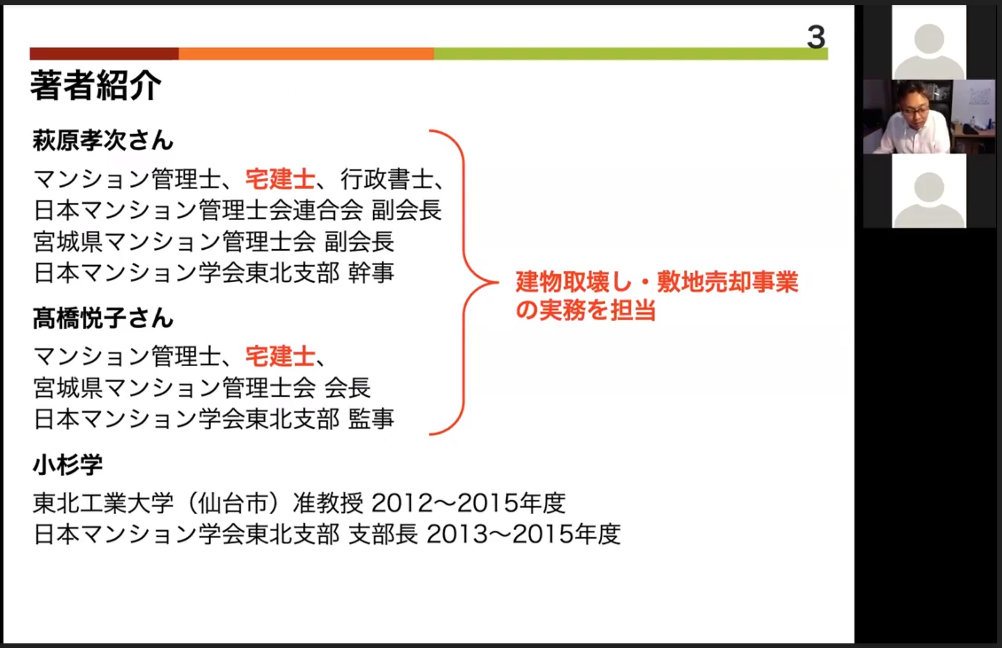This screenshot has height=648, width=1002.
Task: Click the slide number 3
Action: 816,37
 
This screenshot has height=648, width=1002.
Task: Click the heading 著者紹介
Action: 96,85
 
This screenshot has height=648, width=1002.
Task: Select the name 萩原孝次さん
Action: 103,140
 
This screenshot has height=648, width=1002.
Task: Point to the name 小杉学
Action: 68,465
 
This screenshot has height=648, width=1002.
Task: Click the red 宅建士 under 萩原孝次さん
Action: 280,179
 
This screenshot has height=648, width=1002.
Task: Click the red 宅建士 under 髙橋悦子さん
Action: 280,356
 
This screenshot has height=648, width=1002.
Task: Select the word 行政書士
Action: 387,179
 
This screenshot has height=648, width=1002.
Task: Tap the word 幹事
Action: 371,273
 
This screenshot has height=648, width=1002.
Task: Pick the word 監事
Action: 371,419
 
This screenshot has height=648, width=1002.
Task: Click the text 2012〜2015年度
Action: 469,503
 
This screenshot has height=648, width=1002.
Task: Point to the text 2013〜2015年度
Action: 523,534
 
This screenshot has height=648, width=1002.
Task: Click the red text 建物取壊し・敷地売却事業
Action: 657,282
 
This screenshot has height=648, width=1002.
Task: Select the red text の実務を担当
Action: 586,310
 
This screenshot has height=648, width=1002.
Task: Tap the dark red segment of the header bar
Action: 104,54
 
